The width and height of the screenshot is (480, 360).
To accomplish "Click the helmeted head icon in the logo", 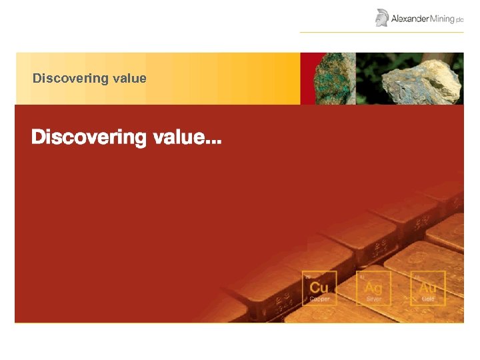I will [x=382, y=17].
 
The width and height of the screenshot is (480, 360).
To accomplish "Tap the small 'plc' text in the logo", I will [x=459, y=20].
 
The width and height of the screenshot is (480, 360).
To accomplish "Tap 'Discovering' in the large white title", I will [x=88, y=138].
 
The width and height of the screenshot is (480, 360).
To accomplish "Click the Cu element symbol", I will [x=319, y=287].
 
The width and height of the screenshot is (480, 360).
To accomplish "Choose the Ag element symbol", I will [x=373, y=287].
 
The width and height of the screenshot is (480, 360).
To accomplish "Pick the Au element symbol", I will [x=427, y=287].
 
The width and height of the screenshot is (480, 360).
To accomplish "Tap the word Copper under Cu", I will [x=319, y=299].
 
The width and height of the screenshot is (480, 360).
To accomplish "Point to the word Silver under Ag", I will [x=373, y=299].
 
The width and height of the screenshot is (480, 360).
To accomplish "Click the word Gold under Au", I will [x=427, y=299].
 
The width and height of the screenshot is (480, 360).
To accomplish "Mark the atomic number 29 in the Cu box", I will [x=308, y=275].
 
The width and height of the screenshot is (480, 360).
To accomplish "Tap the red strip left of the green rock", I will [x=303, y=79].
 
